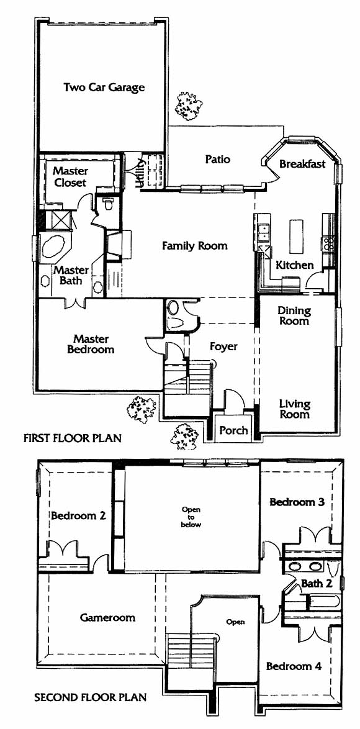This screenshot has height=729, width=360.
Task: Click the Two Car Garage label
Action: [104, 88]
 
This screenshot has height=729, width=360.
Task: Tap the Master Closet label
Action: [70, 177]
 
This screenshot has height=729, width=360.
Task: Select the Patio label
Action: [217, 159]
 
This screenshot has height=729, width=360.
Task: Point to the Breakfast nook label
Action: [302, 164]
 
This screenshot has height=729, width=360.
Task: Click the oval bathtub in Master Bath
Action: [55, 247]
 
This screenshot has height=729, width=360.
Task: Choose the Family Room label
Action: [195, 245]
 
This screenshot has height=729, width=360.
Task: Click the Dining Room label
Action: [294, 315]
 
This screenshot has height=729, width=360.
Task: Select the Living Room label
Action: [294, 409]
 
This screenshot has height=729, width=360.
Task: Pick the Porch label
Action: [233, 430]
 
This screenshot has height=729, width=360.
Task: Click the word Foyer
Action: [223, 346]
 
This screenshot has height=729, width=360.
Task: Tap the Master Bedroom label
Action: [91, 344]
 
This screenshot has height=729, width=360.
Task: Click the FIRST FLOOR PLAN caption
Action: [72, 438]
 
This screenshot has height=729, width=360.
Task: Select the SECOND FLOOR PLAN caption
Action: [91, 697]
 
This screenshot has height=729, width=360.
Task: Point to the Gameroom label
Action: [108, 617]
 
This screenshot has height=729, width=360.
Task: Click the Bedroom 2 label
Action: [78, 515]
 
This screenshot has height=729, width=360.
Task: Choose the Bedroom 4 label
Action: [294, 666]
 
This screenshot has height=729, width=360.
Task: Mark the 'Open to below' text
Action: [191, 517]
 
